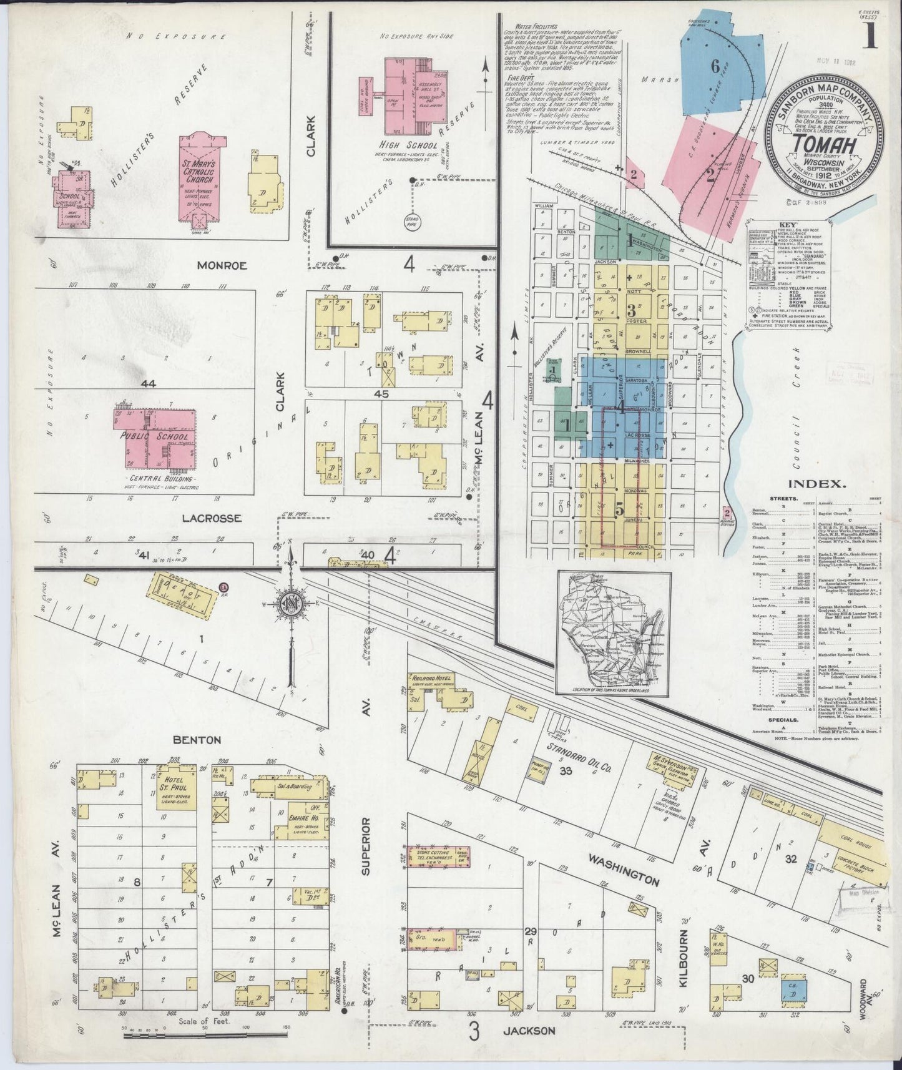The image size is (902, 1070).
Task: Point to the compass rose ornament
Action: coord(291,605)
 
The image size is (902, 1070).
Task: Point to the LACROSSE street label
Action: coord(211,518)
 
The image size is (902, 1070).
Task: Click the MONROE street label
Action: coord(222,265)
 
